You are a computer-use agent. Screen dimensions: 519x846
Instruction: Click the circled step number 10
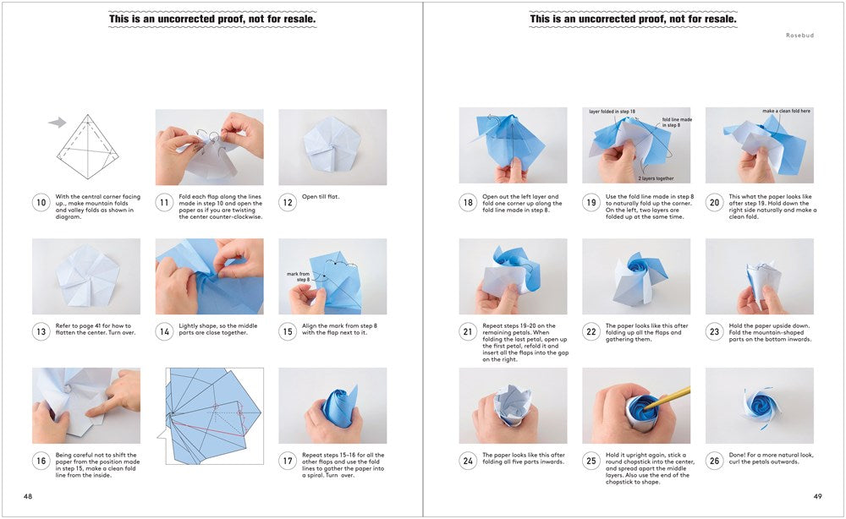click(41, 203)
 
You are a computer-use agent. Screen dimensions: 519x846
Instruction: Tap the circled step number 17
click(287, 462)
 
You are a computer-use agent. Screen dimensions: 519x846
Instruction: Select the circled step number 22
click(591, 332)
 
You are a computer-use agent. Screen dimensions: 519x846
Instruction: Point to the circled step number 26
click(714, 462)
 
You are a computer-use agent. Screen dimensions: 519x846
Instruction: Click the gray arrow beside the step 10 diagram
click(58, 123)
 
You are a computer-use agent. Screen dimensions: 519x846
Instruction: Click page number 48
click(29, 496)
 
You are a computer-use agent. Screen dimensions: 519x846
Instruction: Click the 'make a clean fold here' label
click(788, 111)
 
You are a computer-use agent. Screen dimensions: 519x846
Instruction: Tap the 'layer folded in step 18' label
click(613, 112)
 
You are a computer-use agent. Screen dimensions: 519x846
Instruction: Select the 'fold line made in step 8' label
click(676, 123)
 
